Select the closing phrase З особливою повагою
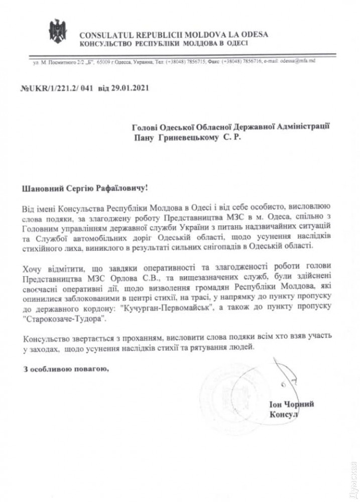click(x=66, y=370)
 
